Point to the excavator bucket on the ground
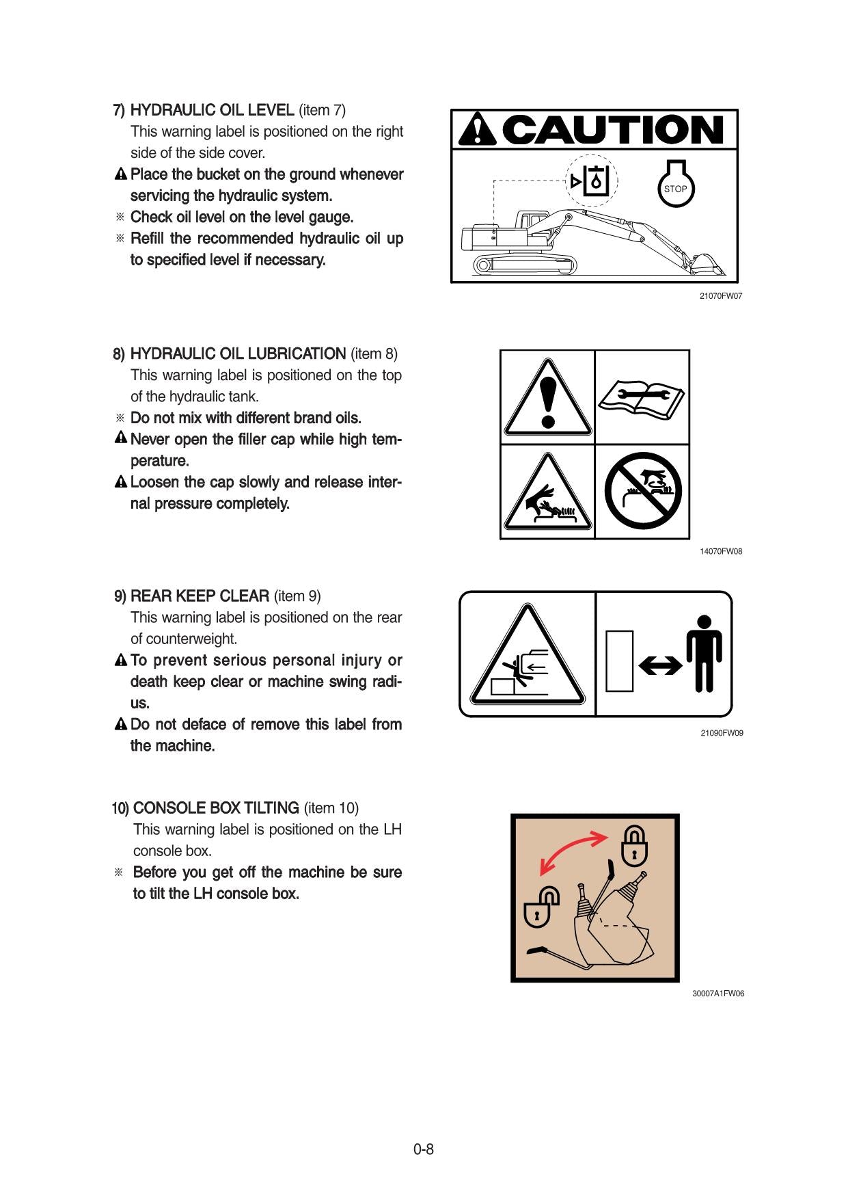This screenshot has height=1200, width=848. point(707,265)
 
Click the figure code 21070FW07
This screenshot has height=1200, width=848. point(720,296)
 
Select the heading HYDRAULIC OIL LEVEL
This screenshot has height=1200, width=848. point(212,110)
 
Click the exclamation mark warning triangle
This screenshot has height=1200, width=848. point(547,399)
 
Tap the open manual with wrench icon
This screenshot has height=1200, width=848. point(642,397)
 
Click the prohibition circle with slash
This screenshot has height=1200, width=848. point(642,491)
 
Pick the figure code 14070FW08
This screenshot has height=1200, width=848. point(720,551)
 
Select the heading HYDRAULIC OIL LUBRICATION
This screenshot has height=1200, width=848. point(238,354)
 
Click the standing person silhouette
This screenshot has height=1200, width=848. point(704,653)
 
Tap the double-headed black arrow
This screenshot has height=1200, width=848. point(660,665)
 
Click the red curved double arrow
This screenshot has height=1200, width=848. point(573,852)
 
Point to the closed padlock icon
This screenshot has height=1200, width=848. point(633,846)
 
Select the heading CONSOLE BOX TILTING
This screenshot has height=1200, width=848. point(216,808)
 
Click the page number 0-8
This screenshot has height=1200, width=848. point(424,1149)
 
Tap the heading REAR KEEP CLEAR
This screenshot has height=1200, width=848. point(200,596)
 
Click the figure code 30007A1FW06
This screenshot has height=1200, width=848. point(717,994)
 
